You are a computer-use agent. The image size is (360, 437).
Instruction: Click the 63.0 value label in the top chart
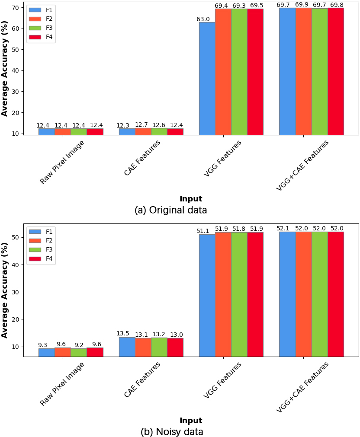203,19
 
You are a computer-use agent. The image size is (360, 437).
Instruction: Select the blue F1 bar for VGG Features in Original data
207,78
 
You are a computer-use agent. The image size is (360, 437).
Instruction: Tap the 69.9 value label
302,4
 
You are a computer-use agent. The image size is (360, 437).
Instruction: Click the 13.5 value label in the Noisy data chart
123,333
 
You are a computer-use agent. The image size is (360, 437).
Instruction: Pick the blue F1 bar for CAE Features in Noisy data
127,347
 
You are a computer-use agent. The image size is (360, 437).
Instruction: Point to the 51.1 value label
203,231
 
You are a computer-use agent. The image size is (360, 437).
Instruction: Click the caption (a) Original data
171,210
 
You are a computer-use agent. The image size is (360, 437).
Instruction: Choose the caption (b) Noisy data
172,431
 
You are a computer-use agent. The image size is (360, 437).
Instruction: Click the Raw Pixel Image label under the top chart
62,162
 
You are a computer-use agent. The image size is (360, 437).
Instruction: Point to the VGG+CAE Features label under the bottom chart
302,387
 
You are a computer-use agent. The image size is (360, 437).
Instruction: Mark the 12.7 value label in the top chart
141,124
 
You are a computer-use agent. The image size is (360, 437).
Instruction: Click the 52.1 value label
283,228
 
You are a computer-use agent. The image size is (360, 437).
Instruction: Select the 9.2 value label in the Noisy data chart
79,345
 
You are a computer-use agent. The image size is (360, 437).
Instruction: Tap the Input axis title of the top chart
191,199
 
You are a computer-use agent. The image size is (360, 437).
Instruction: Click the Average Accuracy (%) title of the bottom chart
4,290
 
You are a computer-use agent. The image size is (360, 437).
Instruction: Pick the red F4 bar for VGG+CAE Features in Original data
336,71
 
